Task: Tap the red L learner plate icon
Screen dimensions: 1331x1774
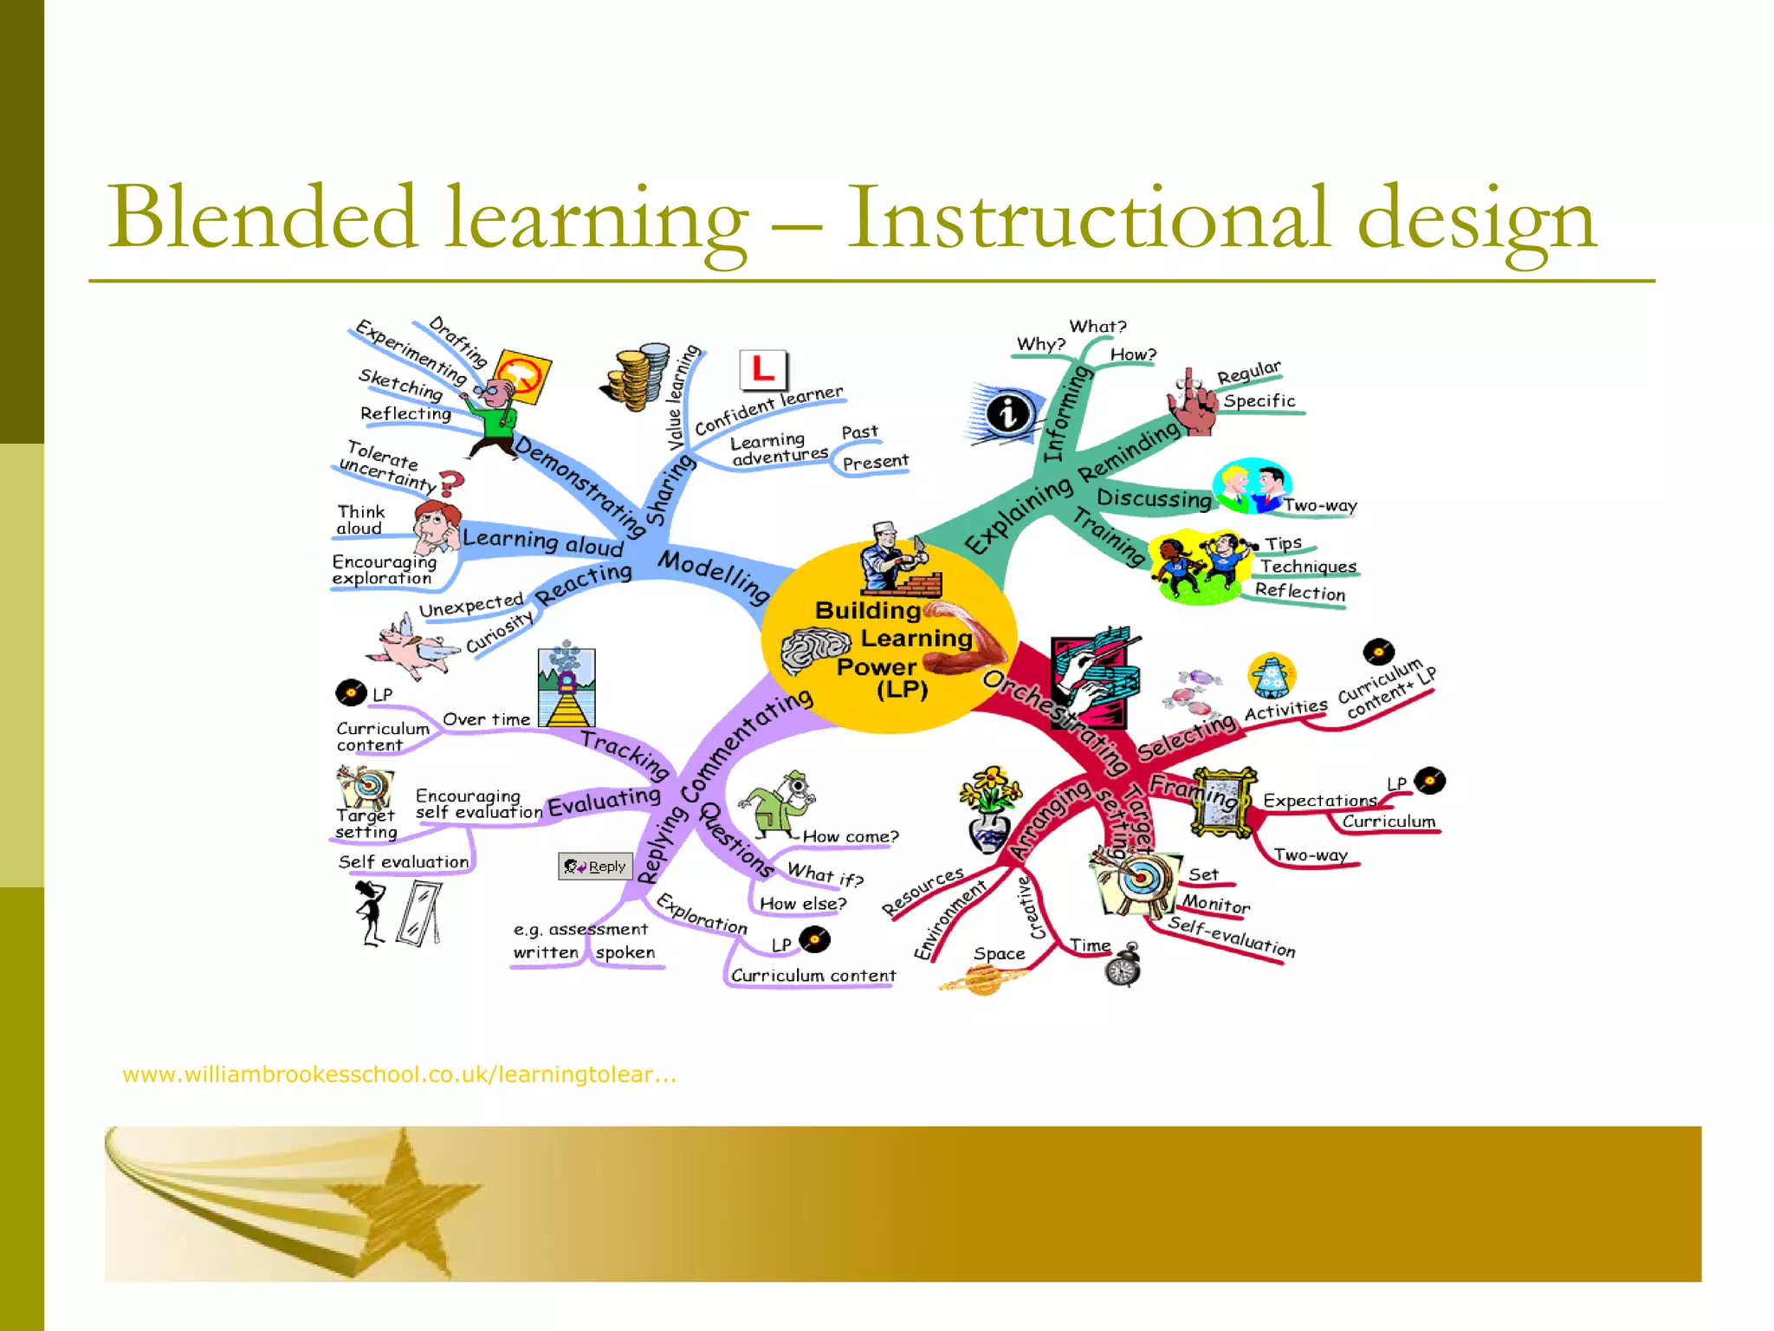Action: click(x=763, y=370)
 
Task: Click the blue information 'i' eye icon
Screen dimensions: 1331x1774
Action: click(x=1006, y=413)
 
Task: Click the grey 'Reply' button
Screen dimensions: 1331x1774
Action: click(x=596, y=866)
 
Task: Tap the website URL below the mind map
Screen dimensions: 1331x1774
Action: click(x=399, y=1075)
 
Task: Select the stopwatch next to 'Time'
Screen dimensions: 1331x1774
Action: click(x=1123, y=966)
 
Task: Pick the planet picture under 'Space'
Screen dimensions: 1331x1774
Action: click(x=982, y=980)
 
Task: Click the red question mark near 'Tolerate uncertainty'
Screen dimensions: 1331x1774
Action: click(x=451, y=482)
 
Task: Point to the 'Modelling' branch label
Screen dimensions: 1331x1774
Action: click(x=714, y=575)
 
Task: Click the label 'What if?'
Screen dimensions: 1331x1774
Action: click(x=825, y=874)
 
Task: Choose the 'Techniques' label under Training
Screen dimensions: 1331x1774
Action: click(x=1308, y=567)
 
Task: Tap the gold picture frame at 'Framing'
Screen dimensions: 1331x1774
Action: click(x=1221, y=802)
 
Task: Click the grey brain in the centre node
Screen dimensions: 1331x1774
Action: click(x=814, y=650)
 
